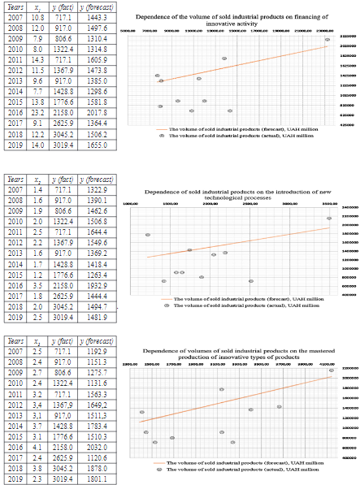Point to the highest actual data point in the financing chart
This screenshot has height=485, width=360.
(327, 39)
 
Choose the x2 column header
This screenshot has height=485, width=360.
(38, 179)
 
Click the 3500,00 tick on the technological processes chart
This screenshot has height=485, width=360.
(330, 203)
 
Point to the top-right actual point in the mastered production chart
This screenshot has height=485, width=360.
(331, 370)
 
